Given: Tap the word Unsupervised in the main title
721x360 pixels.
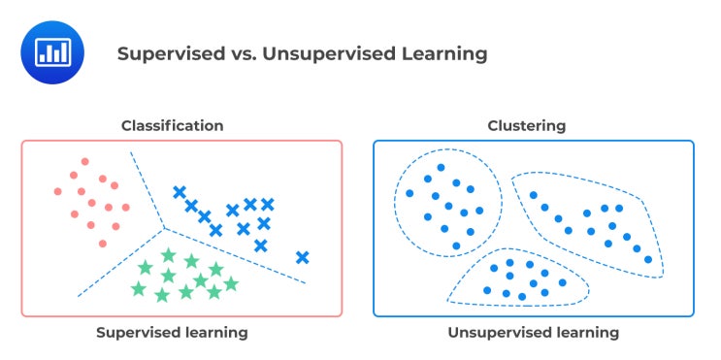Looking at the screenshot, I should click(327, 53).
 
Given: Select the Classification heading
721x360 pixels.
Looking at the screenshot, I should click(172, 125).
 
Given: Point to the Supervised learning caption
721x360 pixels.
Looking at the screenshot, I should click(172, 332).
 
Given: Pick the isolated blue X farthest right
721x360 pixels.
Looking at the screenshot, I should click(303, 257).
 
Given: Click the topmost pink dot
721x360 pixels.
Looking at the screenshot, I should click(85, 162).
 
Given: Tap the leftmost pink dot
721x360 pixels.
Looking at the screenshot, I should click(58, 191).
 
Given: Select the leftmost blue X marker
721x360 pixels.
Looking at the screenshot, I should click(179, 192).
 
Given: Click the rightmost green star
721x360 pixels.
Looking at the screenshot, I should click(231, 283).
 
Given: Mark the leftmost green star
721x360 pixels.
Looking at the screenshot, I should click(139, 288).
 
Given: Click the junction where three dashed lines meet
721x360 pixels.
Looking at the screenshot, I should click(164, 229).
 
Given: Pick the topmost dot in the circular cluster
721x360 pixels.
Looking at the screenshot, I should click(441, 168).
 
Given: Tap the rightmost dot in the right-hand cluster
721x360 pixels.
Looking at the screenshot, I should click(648, 259).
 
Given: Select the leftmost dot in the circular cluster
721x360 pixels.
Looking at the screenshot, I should click(410, 193).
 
